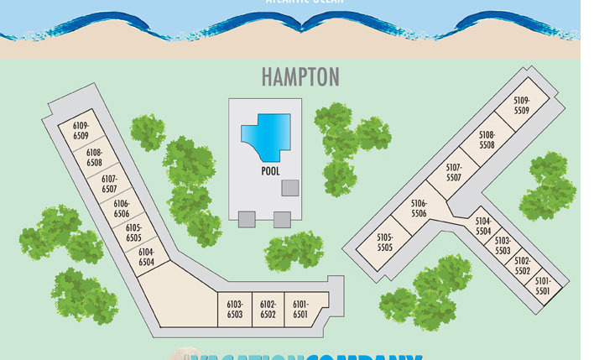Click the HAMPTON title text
click(x=300, y=76)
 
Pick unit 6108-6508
click(x=94, y=157)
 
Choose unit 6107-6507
click(x=109, y=184)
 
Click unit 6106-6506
click(x=122, y=208)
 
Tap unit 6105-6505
click(x=133, y=232)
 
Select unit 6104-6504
click(x=146, y=257)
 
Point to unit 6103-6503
click(x=234, y=309)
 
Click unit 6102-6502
click(x=268, y=309)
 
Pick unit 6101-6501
click(x=300, y=309)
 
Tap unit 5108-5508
click(x=487, y=140)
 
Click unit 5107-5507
click(x=454, y=173)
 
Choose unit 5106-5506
click(x=419, y=208)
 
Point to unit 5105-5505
click(x=385, y=243)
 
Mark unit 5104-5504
click(x=483, y=227)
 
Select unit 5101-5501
click(x=542, y=286)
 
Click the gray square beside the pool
click(x=289, y=187)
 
